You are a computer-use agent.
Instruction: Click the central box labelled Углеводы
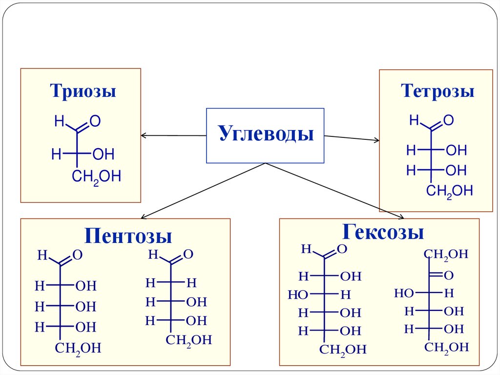[x=265, y=135]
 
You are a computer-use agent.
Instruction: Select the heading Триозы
[x=83, y=91]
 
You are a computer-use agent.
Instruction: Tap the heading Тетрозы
[x=437, y=91]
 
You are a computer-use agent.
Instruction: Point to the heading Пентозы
[x=128, y=236]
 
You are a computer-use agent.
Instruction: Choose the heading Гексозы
[x=382, y=231]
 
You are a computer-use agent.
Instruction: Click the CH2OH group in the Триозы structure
[x=96, y=176]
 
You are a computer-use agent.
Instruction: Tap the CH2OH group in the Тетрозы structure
[x=449, y=191]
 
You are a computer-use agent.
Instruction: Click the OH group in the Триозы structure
[x=103, y=155]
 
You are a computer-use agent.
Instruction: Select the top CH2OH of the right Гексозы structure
[x=446, y=254]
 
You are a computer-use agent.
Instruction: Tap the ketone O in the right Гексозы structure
[x=448, y=275]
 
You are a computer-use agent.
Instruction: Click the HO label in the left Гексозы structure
[x=297, y=295]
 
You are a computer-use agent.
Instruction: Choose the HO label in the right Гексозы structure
[x=404, y=293]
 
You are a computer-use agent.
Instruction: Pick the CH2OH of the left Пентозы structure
[x=78, y=348]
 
